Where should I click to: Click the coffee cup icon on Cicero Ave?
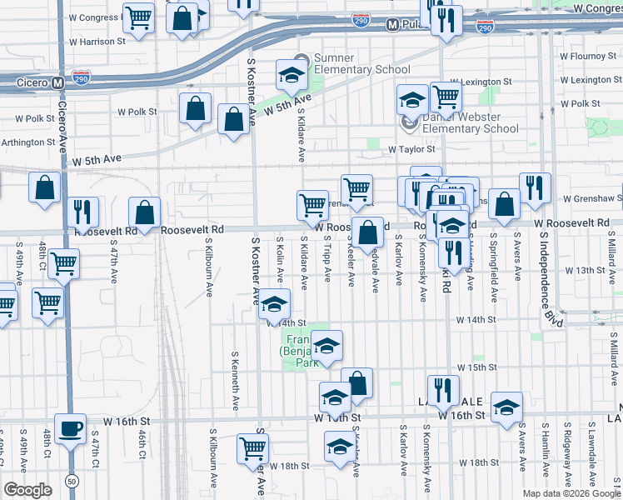point(70,428)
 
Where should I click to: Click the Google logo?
point(27,489)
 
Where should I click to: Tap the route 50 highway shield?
point(72,482)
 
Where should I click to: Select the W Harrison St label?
point(97,40)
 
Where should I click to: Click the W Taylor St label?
point(411,149)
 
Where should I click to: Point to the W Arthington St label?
point(24,142)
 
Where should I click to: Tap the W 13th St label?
point(583,270)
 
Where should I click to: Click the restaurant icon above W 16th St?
point(443,390)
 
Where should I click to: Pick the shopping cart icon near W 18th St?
point(252,448)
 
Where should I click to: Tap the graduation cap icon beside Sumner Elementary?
point(292,75)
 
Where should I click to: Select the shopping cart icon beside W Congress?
point(137,17)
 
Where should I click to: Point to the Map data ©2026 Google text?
point(571,492)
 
